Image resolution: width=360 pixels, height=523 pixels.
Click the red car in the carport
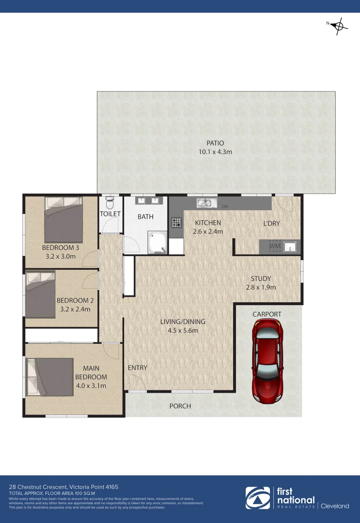267,361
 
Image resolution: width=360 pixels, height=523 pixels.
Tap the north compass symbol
339,26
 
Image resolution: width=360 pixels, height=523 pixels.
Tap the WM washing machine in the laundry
275,247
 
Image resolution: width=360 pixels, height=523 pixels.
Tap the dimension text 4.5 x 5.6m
183,331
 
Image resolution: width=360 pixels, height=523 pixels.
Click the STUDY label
261,278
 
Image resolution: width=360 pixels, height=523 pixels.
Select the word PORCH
180,406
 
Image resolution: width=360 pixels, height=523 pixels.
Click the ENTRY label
137,368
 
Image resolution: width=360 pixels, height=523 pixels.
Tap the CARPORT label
266,314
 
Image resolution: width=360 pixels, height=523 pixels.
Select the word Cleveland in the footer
335,506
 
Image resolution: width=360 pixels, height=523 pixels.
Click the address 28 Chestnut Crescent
39,487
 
